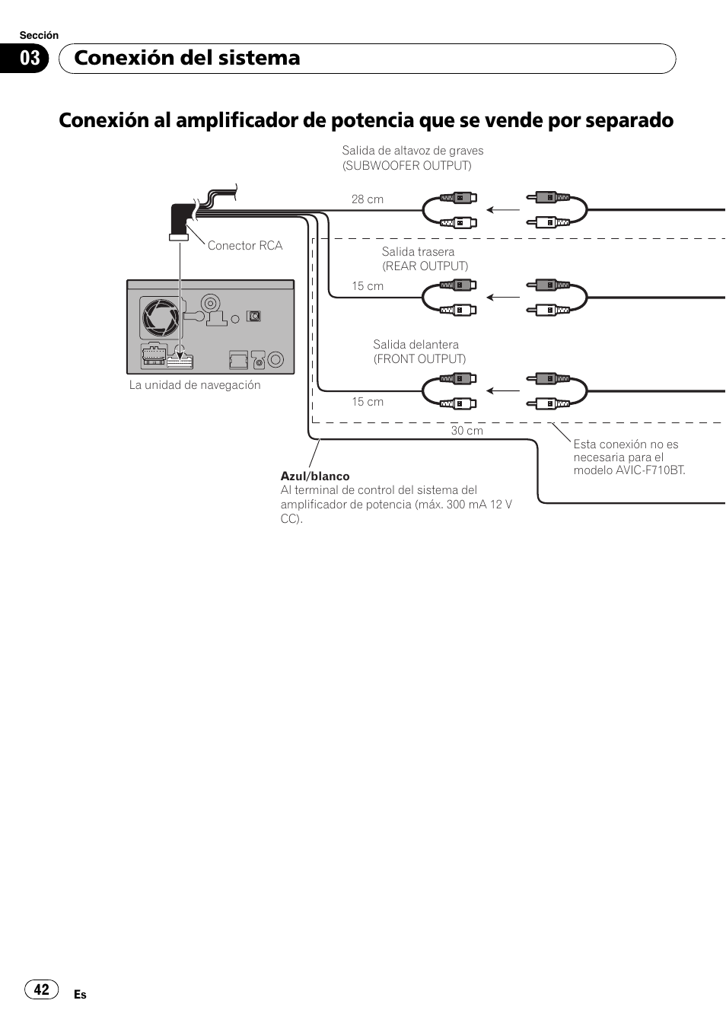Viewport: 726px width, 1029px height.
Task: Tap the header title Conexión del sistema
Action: tap(187, 58)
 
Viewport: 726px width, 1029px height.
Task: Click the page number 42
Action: tap(42, 989)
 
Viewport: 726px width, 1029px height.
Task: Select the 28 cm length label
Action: tap(367, 199)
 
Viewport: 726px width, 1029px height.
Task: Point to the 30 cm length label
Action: tap(466, 431)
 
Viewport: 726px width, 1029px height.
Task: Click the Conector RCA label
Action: tap(244, 245)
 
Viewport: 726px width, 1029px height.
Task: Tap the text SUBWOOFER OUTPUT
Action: tap(407, 165)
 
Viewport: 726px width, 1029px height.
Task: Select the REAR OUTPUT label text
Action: tap(425, 266)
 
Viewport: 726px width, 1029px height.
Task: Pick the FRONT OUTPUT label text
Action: tap(419, 358)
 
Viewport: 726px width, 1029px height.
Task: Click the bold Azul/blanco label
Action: tap(315, 476)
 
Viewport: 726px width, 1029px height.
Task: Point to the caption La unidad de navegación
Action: tap(195, 385)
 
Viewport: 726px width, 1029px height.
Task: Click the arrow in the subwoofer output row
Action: tap(502, 209)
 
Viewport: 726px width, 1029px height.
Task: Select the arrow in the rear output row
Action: tap(502, 297)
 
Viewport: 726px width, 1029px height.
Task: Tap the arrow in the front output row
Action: tap(502, 390)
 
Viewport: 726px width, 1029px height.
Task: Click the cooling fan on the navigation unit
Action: tap(161, 317)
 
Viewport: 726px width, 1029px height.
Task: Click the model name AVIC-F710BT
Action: tap(651, 470)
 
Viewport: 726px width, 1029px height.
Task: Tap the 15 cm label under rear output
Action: tap(367, 286)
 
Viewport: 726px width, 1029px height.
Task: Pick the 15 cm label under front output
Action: tap(367, 402)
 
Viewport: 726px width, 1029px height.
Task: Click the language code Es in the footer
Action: tap(80, 995)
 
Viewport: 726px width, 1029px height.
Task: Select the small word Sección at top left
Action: tap(39, 35)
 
